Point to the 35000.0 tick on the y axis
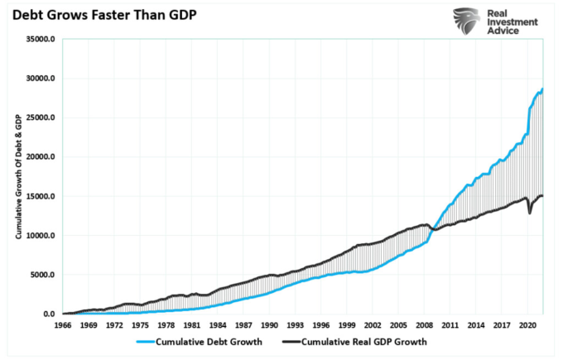pos(41,39)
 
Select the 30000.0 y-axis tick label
pos(41,79)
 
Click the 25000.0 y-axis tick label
pos(41,118)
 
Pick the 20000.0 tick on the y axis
pos(41,157)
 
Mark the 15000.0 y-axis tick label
pos(41,196)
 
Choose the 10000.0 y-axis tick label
pos(41,236)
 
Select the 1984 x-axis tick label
pos(218,325)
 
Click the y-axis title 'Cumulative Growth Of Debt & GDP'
pos(17,177)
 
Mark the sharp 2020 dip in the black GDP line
pos(530,213)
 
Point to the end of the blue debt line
pos(542,89)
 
